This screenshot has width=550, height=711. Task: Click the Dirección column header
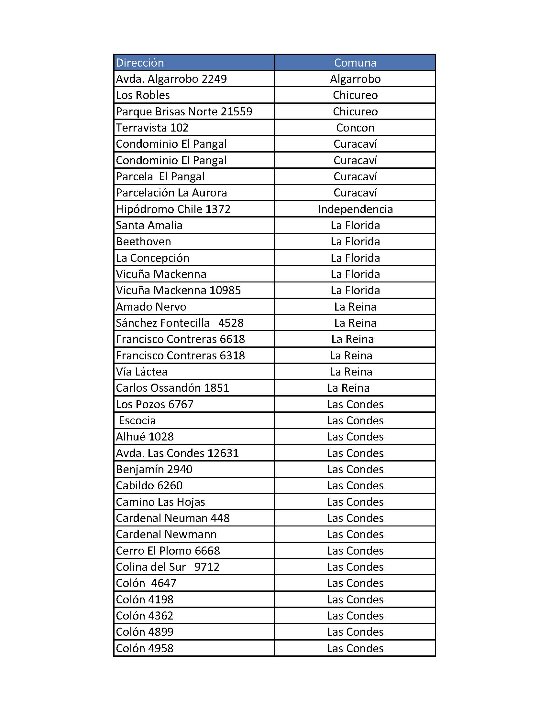pyautogui.click(x=140, y=62)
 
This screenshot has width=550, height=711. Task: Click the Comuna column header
pyautogui.click(x=355, y=62)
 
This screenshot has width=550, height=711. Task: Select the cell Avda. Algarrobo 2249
pyautogui.click(x=171, y=79)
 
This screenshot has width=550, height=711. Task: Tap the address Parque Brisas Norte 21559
pyautogui.click(x=184, y=111)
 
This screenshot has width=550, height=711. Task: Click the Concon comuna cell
pyautogui.click(x=355, y=128)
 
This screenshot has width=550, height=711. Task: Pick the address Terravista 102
pyautogui.click(x=152, y=128)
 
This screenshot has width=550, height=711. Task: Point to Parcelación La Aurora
pyautogui.click(x=171, y=193)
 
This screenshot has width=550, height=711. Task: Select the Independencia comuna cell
pyautogui.click(x=355, y=209)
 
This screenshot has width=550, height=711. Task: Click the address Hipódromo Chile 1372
pyautogui.click(x=173, y=209)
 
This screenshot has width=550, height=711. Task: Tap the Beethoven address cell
pyautogui.click(x=143, y=241)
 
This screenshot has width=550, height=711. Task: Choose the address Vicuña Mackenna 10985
pyautogui.click(x=178, y=291)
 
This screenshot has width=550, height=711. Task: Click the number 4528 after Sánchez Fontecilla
pyautogui.click(x=231, y=323)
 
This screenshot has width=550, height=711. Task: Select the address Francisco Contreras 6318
pyautogui.click(x=180, y=355)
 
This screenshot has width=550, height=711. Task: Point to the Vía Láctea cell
pyautogui.click(x=142, y=372)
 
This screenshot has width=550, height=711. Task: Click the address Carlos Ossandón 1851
pyautogui.click(x=172, y=388)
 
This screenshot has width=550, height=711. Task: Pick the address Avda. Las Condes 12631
pyautogui.click(x=177, y=453)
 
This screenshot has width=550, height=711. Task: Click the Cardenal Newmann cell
pyautogui.click(x=166, y=534)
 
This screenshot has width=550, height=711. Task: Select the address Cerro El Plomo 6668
pyautogui.click(x=168, y=550)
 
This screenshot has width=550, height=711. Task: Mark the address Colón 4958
pyautogui.click(x=145, y=648)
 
